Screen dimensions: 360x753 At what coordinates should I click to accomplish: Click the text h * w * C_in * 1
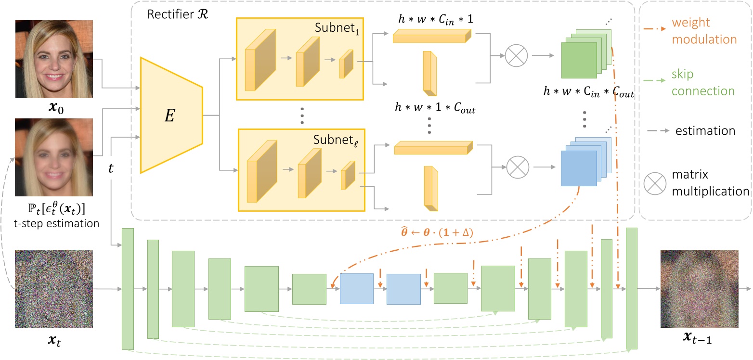433,20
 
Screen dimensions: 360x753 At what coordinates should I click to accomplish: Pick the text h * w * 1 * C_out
435,110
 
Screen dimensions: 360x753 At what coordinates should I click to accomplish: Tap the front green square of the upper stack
579,60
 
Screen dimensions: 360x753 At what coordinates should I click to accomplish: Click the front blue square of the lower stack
579,168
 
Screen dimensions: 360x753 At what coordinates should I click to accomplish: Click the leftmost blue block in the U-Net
356,288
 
